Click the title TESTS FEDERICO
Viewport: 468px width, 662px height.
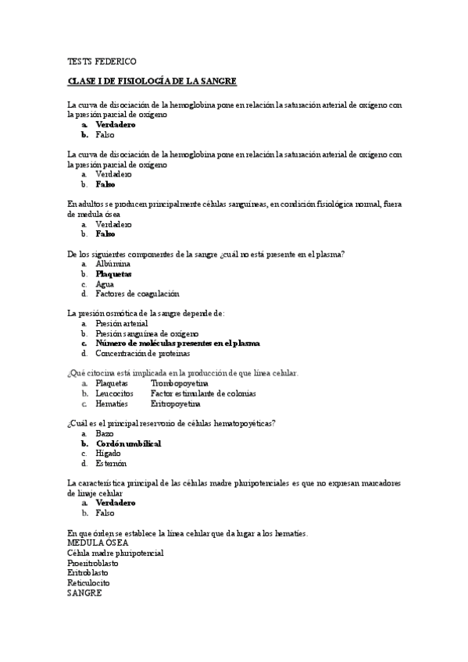click(102, 61)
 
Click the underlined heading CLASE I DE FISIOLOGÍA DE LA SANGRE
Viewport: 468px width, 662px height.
click(152, 81)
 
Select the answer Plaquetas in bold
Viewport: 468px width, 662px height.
click(113, 274)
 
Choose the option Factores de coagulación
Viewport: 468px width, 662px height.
click(137, 294)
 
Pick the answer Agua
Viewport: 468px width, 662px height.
click(105, 284)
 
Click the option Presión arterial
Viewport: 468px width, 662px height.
click(121, 323)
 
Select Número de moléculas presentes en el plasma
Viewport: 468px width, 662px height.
click(177, 343)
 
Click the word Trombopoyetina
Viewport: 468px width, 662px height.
click(180, 383)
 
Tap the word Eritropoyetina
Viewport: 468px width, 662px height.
click(176, 404)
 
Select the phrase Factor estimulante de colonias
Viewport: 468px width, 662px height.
click(203, 393)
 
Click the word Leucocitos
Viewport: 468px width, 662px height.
click(114, 393)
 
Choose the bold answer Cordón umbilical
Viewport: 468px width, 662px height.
click(128, 443)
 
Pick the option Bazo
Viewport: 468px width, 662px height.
click(105, 433)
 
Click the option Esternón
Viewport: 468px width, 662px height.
click(111, 464)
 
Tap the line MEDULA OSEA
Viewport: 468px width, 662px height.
click(98, 543)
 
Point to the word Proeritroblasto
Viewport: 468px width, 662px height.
click(93, 563)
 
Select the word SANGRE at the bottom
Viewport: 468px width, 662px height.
click(85, 593)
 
